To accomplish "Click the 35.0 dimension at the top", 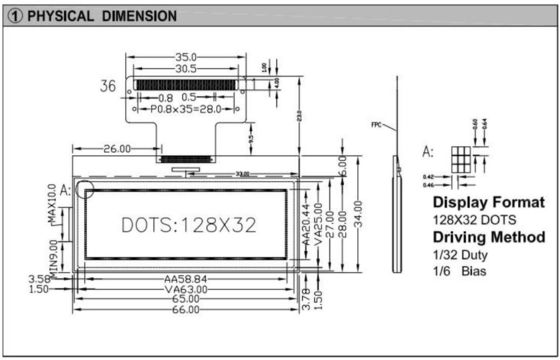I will click(x=185, y=57).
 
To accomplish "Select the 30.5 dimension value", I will click(x=185, y=69).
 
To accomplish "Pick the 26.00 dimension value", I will click(x=116, y=149).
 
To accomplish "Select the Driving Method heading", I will click(x=488, y=237).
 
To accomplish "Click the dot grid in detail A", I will click(x=461, y=159).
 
